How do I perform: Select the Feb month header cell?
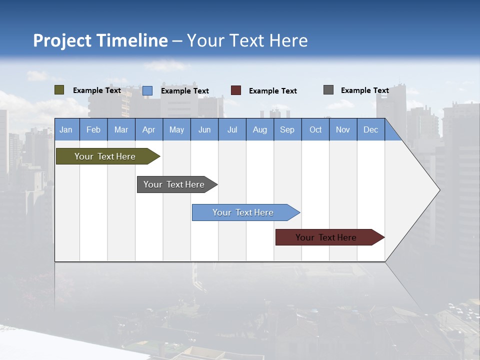click(x=93, y=129)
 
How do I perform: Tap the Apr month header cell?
click(x=149, y=129)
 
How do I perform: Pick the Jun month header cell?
click(x=204, y=129)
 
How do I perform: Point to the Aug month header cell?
click(x=260, y=129)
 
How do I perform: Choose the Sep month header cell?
click(x=287, y=129)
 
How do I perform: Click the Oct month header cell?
click(x=315, y=129)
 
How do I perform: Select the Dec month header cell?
click(x=371, y=129)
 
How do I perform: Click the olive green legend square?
click(x=59, y=90)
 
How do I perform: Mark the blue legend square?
click(x=147, y=90)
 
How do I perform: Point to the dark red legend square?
click(x=236, y=90)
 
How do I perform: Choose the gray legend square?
click(x=328, y=90)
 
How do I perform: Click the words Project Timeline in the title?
click(x=100, y=40)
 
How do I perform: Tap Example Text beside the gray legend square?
click(x=364, y=90)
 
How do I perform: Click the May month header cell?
click(x=176, y=129)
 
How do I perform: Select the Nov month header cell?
click(x=343, y=129)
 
